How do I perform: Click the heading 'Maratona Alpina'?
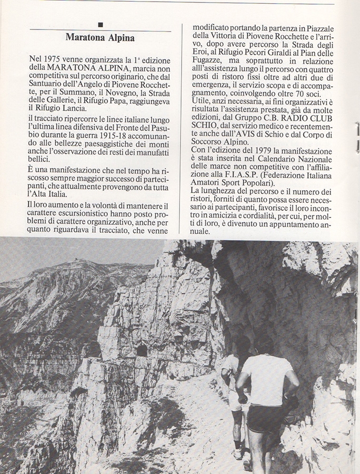click(100, 38)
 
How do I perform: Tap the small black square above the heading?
click(100, 24)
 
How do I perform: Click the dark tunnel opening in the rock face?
click(142, 350)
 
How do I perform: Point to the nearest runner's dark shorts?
click(266, 418)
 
